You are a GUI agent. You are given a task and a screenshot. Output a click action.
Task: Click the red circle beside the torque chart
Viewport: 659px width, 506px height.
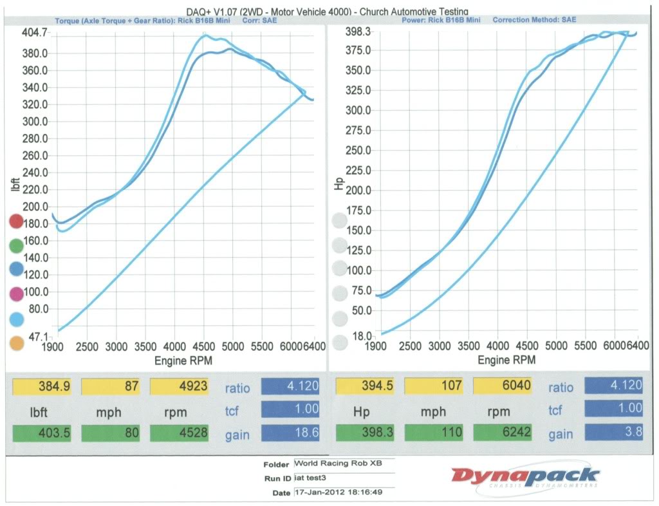coord(16,222)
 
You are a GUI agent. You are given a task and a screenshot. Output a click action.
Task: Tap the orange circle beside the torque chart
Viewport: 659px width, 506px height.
coord(17,343)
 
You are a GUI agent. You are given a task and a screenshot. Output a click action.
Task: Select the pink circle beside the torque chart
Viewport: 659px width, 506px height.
coord(16,294)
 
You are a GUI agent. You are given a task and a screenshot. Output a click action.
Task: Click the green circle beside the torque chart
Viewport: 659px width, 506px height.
coord(17,245)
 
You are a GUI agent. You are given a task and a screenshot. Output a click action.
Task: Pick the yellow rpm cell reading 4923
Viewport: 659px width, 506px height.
coord(180,387)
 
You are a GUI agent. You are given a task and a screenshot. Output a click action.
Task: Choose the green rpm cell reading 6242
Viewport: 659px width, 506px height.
coord(503,433)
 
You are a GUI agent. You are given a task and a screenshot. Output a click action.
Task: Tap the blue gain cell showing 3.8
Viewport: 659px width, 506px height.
coord(613,433)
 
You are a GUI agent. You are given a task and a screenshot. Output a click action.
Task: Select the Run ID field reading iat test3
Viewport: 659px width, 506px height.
coord(342,478)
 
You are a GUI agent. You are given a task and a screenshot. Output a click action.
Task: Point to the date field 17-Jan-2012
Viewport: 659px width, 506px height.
coord(342,492)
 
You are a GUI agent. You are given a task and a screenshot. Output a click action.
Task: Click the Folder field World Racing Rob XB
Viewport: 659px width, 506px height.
coord(342,463)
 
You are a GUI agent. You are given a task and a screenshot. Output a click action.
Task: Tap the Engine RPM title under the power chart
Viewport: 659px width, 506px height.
coord(506,361)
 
